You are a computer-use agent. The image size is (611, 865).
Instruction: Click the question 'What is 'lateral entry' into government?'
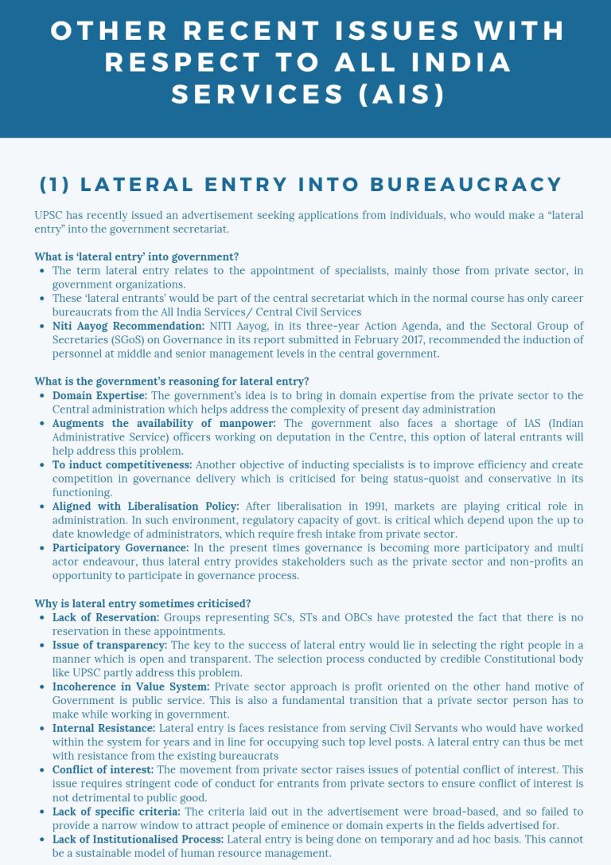tap(137, 256)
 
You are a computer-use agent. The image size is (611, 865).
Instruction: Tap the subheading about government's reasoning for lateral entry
tap(172, 381)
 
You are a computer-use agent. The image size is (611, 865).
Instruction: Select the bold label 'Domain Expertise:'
tap(99, 395)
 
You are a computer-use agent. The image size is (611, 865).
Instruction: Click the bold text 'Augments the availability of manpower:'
tap(164, 423)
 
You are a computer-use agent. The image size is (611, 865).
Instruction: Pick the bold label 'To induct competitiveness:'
tap(122, 464)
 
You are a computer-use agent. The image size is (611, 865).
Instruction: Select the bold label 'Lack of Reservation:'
tap(106, 617)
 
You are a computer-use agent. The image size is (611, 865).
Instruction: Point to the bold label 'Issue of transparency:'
tap(110, 645)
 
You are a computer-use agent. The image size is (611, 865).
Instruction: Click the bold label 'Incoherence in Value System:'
tap(130, 687)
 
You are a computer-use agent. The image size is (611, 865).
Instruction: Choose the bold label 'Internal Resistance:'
tap(104, 728)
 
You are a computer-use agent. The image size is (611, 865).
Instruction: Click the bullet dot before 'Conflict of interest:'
tap(42, 770)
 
